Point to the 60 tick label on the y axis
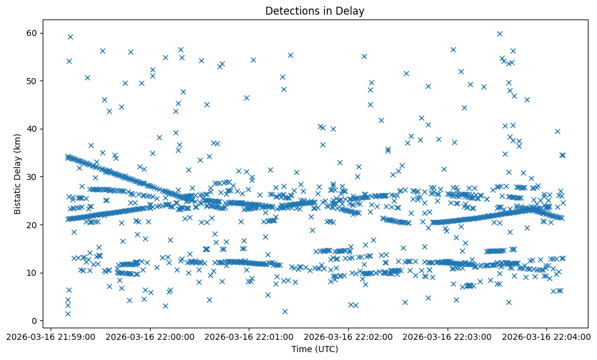coord(30,32)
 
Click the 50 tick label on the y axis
coord(30,81)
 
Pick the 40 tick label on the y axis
coord(30,129)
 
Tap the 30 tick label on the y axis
coord(30,176)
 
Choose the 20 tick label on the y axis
coord(30,225)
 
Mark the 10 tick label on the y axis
coord(30,272)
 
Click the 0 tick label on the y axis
coord(32,320)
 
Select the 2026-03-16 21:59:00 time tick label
coord(51,336)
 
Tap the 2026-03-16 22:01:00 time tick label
coord(249,336)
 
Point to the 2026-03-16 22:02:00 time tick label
coord(348,336)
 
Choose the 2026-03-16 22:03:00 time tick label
coord(448,336)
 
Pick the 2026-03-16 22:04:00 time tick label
coord(546,336)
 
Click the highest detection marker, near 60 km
coord(499,34)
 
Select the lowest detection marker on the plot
coord(68,314)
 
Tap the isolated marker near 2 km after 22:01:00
coord(285,311)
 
